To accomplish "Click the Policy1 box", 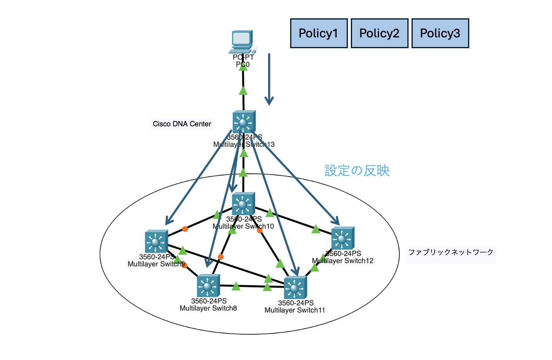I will (318, 33).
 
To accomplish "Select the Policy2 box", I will (379, 33).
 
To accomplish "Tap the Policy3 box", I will (440, 33).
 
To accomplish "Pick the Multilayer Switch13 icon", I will (244, 122).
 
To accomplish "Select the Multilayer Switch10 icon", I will (243, 204).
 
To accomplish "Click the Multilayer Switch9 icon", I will (156, 241).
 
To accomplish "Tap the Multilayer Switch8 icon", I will (208, 286).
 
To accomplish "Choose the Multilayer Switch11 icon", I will (295, 288).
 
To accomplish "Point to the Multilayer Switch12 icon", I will (343, 238).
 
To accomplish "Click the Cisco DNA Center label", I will (182, 124).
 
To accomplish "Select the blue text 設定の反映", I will (357, 170).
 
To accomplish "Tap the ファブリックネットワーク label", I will (451, 252).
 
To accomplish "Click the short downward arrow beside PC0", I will (269, 79).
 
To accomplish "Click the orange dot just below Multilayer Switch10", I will (260, 230).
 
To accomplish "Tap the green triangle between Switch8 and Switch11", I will (236, 286).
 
